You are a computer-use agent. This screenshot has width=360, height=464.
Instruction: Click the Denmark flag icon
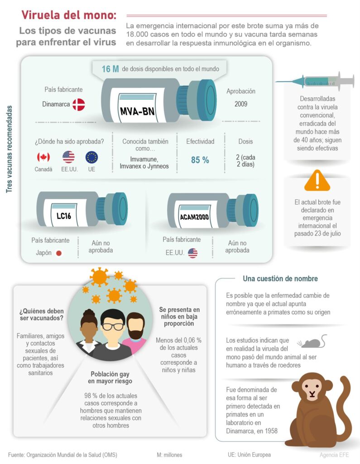pyautogui.click(x=78, y=105)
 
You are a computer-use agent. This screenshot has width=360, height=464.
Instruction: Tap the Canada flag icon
pyautogui.click(x=43, y=157)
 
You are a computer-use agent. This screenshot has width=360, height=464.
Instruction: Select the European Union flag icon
pyautogui.click(x=92, y=157)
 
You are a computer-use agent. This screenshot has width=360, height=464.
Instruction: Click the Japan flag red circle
pyautogui.click(x=58, y=253)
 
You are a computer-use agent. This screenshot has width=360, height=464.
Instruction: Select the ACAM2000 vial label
pyautogui.click(x=194, y=217)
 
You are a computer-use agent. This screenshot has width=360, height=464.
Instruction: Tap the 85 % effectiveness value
pyautogui.click(x=200, y=160)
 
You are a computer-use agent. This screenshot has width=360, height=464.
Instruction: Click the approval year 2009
pyautogui.click(x=241, y=104)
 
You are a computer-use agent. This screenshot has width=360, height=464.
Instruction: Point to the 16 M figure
pyautogui.click(x=110, y=69)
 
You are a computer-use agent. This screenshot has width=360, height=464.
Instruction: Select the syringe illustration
pyautogui.click(x=315, y=82)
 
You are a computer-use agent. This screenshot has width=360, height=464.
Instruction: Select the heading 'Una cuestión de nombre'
pyautogui.click(x=280, y=279)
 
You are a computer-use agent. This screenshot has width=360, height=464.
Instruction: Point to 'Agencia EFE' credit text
pyautogui.click(x=334, y=454)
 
